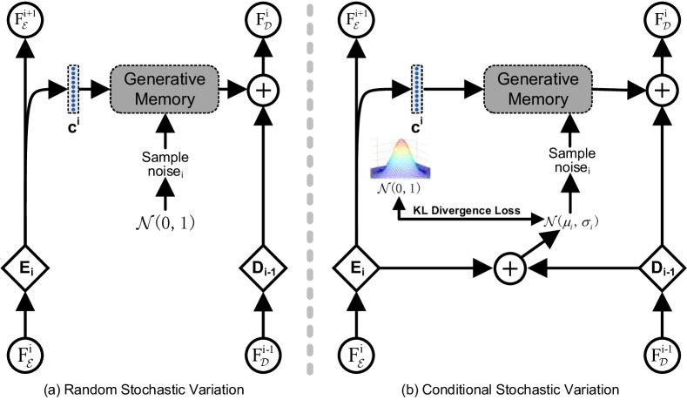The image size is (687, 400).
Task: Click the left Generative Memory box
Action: point(164,89)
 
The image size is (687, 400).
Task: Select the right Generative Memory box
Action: point(537,89)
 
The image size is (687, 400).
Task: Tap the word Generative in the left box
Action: point(164,79)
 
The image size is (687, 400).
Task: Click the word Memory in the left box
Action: point(164,99)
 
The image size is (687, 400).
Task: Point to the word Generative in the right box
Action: point(537,79)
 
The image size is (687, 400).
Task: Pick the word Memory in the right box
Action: point(537,99)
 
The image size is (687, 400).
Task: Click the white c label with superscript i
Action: point(73,126)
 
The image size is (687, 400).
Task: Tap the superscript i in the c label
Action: point(78,122)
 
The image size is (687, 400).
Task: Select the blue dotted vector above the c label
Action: point(73,89)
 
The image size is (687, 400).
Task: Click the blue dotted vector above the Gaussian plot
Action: point(417,89)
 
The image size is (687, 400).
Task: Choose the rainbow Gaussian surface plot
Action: point(401,159)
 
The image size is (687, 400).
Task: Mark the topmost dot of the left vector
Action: point(73,69)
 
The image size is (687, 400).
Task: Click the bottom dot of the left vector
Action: point(73,110)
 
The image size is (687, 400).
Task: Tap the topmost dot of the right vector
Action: point(417,69)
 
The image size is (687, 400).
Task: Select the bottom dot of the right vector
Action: point(417,110)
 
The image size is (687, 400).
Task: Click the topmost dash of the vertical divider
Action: point(310,10)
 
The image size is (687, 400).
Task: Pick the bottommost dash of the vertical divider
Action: point(310,369)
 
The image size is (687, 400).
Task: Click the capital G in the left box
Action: point(129,79)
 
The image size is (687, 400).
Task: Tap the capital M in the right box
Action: point(514,99)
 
